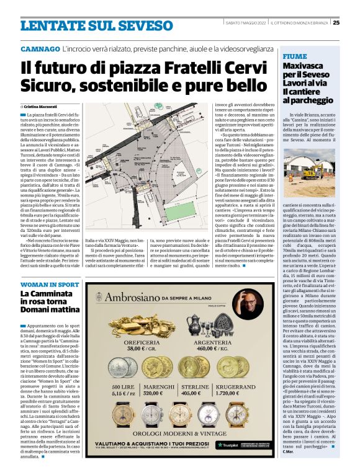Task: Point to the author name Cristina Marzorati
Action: [x=46, y=107]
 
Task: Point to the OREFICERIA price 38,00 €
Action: [x=138, y=348]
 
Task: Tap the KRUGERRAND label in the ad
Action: [x=253, y=385]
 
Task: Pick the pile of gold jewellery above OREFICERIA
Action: [x=138, y=326]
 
